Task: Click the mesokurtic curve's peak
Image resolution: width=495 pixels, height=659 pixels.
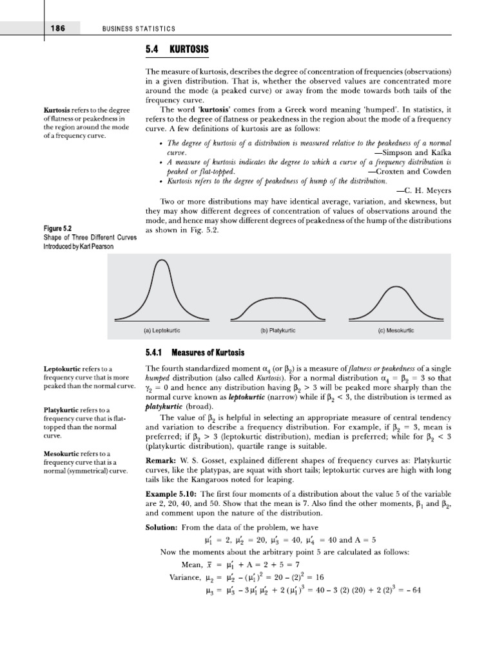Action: click(395, 284)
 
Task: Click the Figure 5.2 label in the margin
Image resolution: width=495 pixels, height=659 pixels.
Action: click(57, 228)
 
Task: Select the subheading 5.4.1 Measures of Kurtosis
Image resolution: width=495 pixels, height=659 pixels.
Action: click(195, 352)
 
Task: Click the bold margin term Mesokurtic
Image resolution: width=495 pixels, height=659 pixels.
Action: click(64, 453)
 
